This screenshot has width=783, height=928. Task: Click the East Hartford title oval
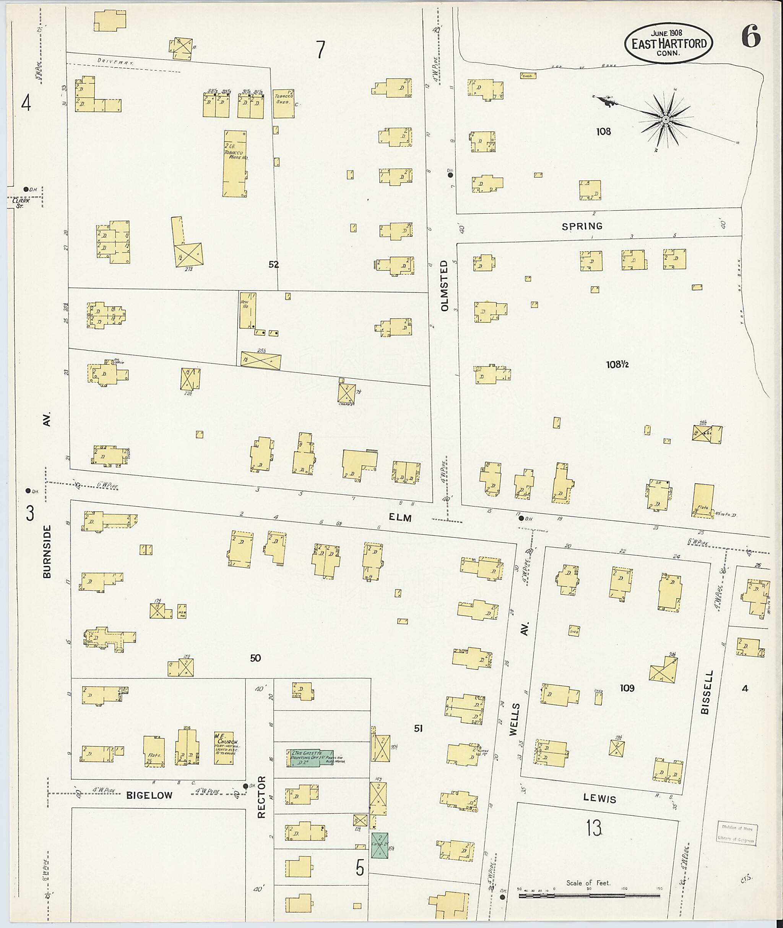(668, 43)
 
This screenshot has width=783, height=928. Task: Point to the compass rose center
(666, 120)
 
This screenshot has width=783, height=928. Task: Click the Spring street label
(582, 226)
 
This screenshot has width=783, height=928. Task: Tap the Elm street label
(400, 517)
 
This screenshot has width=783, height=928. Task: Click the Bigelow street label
(149, 795)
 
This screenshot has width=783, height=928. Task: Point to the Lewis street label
(600, 799)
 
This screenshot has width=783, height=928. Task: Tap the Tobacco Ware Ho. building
(235, 163)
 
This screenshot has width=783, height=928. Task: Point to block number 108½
(617, 364)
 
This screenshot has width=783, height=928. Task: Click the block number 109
(627, 688)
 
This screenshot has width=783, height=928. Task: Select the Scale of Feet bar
(589, 896)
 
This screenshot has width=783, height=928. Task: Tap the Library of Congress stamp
(736, 834)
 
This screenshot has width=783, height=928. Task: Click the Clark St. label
(21, 202)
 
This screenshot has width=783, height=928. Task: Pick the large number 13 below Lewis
(593, 828)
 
